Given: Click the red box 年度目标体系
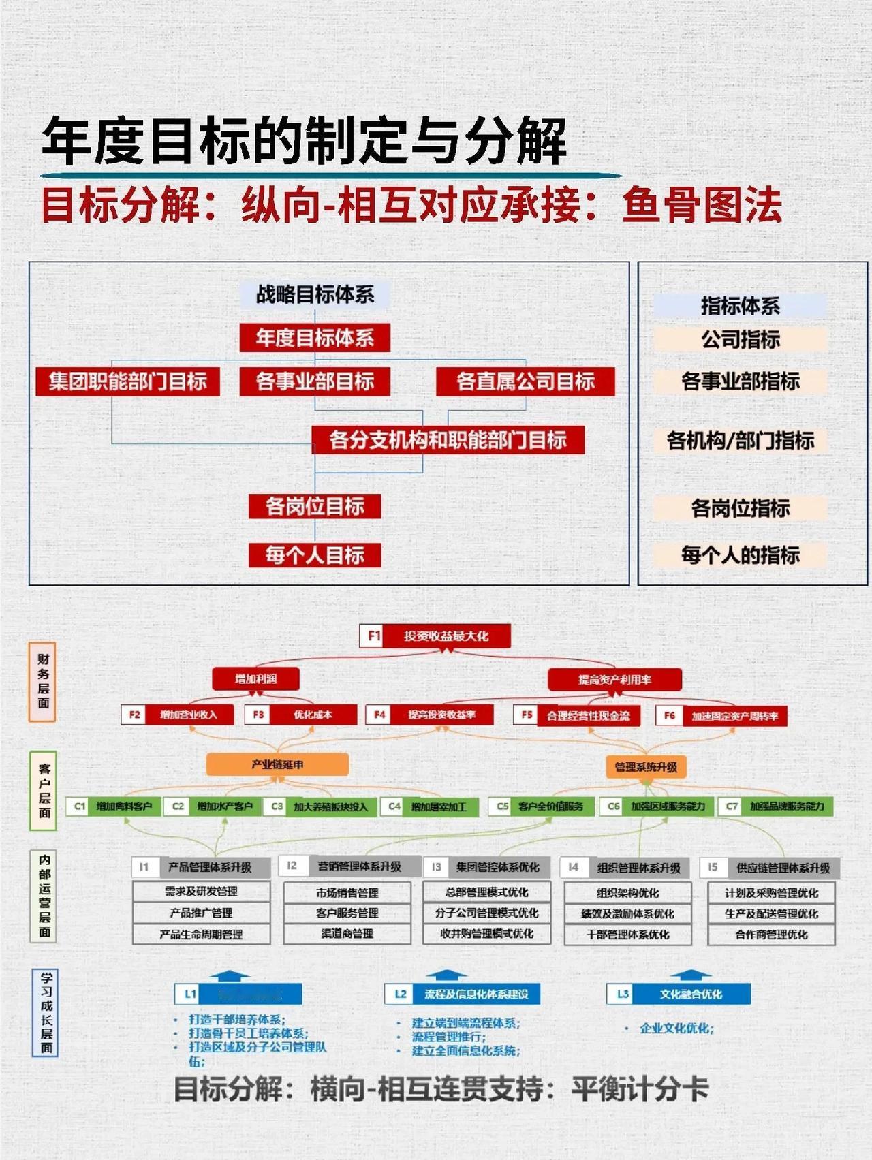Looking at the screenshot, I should tap(315, 338).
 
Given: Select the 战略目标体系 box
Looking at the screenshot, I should tap(315, 294).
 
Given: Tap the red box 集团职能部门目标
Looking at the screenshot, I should tap(128, 381).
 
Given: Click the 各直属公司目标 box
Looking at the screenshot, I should tap(525, 381).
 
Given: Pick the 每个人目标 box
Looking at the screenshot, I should tap(315, 555).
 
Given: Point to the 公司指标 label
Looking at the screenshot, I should tap(741, 339).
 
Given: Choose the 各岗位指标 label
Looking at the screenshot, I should tap(741, 508).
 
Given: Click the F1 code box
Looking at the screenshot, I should tap(373, 636).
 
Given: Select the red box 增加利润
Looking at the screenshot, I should tap(256, 678).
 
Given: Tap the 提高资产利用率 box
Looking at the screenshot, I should tap(614, 679).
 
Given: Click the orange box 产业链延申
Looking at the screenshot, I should tap(277, 764).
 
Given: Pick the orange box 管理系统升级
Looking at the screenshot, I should tap(646, 767).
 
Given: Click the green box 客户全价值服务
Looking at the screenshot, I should tap(550, 806).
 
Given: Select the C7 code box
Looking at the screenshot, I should tap(732, 806).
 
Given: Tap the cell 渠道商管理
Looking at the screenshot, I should tap(347, 934).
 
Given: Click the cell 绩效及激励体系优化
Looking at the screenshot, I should tap(627, 913).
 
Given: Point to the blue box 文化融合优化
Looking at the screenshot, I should tap(691, 994).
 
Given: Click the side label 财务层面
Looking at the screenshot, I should tap(43, 681).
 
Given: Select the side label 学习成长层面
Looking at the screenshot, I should tap(46, 1013).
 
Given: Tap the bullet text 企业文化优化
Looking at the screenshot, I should tap(676, 1029).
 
